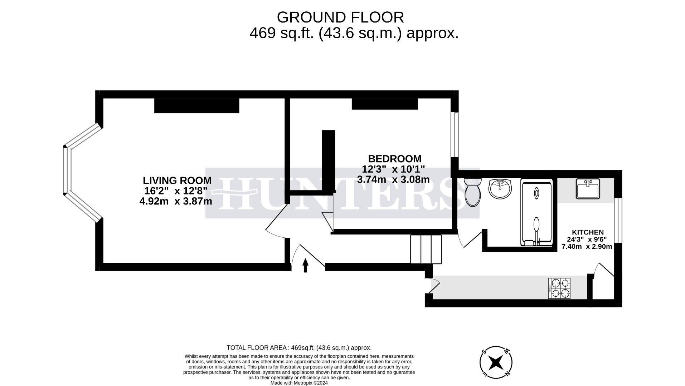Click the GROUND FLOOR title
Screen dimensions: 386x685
pyautogui.click(x=340, y=17)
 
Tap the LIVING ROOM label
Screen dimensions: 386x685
pyautogui.click(x=177, y=180)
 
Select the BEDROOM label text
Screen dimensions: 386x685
pyautogui.click(x=394, y=159)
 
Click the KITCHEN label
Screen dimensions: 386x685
pyautogui.click(x=587, y=232)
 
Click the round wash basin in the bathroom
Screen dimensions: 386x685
pyautogui.click(x=500, y=189)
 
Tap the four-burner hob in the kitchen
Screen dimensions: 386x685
pyautogui.click(x=559, y=288)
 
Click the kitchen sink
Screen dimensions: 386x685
pyautogui.click(x=588, y=189)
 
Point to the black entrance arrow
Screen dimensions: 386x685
pyautogui.click(x=305, y=265)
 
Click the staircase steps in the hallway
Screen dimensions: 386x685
pyautogui.click(x=426, y=249)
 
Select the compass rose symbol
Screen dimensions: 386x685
pyautogui.click(x=496, y=362)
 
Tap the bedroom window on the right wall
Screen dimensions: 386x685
pyautogui.click(x=454, y=135)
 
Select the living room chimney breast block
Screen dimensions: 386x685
pyautogui.click(x=196, y=106)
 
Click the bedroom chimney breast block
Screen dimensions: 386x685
pyautogui.click(x=384, y=104)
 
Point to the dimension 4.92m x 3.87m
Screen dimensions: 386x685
pyautogui.click(x=175, y=202)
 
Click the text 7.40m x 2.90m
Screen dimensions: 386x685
pyautogui.click(x=587, y=247)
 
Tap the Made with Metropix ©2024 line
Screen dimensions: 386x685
pyautogui.click(x=299, y=383)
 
